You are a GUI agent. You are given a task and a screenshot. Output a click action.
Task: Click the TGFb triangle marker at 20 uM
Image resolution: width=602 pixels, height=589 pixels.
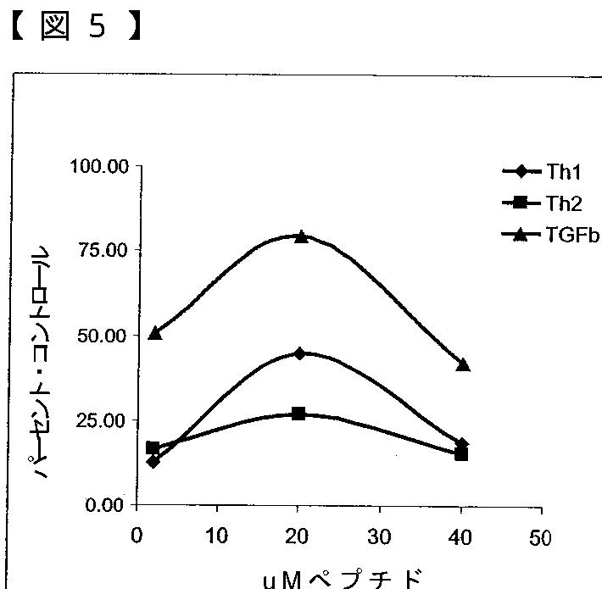coord(300,236)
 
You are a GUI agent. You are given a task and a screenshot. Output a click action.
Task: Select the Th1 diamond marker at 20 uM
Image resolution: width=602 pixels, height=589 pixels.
coord(299,353)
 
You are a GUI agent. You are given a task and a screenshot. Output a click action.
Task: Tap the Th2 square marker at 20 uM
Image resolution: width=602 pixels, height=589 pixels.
coord(298,414)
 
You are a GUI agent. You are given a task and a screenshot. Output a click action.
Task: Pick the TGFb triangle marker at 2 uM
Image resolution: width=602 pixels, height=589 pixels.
coord(154,333)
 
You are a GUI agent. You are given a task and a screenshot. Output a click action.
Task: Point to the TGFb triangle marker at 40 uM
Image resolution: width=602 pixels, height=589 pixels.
coord(462,364)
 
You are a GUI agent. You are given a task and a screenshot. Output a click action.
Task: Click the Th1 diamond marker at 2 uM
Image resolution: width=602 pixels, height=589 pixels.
coord(153,461)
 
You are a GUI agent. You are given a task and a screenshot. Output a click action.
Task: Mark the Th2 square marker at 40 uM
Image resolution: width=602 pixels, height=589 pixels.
coord(461,454)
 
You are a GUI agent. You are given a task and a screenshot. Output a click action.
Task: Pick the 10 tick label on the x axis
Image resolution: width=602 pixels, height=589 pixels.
coord(218,538)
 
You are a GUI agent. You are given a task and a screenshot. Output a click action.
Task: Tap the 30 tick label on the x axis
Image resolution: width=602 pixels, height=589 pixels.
coord(379,538)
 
